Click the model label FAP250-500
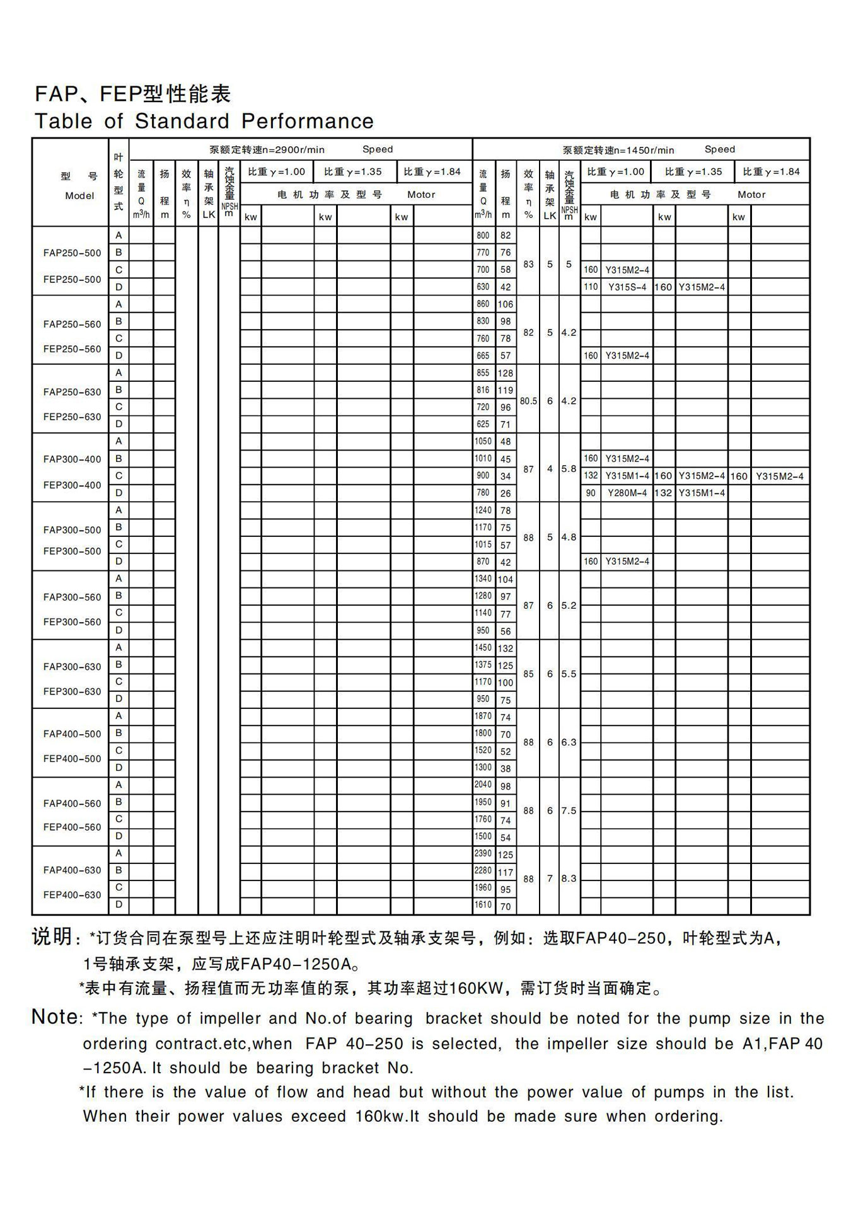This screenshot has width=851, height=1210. coord(72,253)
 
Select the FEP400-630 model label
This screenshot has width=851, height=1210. coord(72,895)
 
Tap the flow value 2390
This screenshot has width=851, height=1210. coord(483,854)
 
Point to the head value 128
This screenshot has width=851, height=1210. coord(506,373)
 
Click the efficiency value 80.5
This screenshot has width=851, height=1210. coord(528,401)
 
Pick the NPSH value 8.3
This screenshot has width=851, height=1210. coord(569,879)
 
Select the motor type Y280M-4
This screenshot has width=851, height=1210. coord(627,493)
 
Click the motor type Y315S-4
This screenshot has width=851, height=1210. coord(627,287)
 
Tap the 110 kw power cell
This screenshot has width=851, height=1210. coord(591,287)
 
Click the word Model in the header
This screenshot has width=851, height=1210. coord(79,196)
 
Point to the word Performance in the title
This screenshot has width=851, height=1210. coord(308,121)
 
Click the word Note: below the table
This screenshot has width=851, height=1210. coord(55,1017)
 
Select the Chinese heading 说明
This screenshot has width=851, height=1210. coord(52,937)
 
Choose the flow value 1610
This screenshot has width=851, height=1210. coord(483,905)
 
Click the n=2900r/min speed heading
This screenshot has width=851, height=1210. coord(267,150)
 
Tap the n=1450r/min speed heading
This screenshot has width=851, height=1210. coord(618,150)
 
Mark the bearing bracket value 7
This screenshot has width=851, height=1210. coord(550,879)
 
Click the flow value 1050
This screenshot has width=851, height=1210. coord(483,442)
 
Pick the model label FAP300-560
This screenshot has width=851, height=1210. coord(72,597)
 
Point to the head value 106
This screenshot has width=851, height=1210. coord(506,304)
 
